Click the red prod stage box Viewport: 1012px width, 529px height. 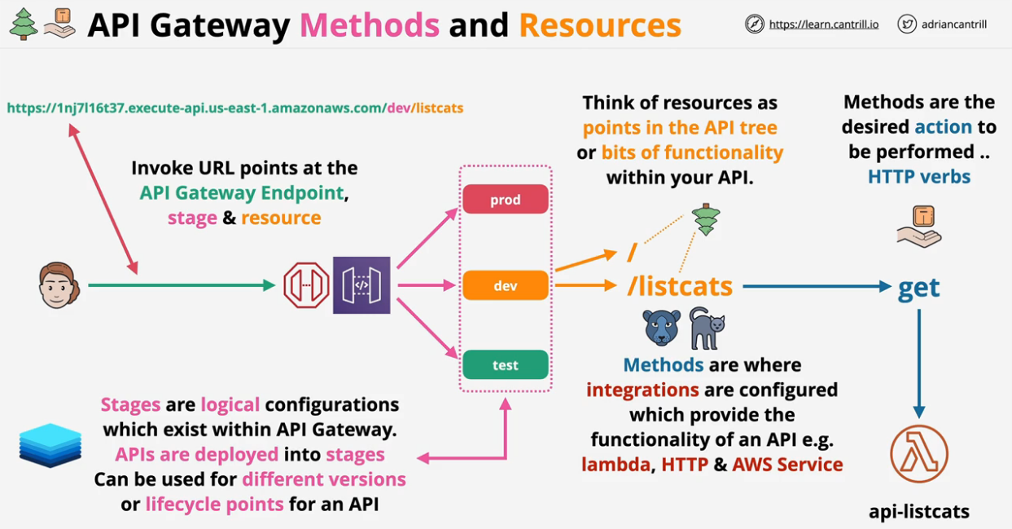click(x=505, y=200)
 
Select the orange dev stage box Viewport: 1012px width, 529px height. click(x=505, y=286)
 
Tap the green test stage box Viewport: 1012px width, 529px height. click(x=505, y=365)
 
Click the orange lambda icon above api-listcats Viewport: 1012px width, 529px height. click(x=919, y=454)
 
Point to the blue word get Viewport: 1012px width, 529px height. click(x=919, y=287)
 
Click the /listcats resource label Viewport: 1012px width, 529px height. click(x=680, y=286)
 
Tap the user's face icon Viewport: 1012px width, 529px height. click(x=59, y=285)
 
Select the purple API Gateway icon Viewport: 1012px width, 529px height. click(x=361, y=285)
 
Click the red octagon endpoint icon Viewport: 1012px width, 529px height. click(x=306, y=285)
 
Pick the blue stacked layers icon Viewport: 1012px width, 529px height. click(x=50, y=445)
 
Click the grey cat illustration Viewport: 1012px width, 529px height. click(x=707, y=328)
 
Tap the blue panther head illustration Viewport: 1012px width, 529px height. click(x=662, y=328)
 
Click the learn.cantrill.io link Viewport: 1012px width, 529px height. click(x=823, y=24)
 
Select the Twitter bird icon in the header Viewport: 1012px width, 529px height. click(x=907, y=24)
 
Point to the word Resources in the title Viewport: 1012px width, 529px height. click(x=600, y=26)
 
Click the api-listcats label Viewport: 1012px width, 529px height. click(x=919, y=512)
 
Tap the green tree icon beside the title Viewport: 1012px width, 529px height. click(x=23, y=24)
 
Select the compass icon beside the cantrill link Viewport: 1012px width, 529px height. click(x=755, y=24)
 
